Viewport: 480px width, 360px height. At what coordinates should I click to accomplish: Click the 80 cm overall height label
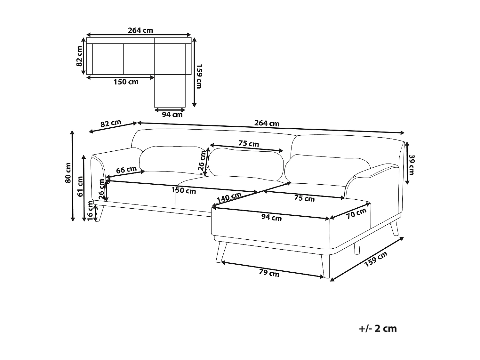[68, 173]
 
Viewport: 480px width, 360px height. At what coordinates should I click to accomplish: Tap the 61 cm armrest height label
[80, 186]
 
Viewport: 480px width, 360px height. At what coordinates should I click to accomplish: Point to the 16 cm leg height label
[91, 212]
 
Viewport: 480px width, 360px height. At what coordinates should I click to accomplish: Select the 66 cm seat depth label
[126, 170]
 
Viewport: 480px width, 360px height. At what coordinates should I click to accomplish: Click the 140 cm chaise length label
[229, 198]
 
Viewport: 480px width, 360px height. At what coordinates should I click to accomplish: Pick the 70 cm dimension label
[356, 213]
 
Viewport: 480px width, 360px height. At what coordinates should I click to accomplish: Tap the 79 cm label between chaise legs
[269, 273]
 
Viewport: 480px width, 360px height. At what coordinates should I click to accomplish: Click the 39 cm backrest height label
[412, 164]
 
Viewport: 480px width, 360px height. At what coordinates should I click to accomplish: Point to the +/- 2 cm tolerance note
[378, 328]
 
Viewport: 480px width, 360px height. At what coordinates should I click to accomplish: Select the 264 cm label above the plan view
[140, 30]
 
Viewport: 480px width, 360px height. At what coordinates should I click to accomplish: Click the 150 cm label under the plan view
[126, 82]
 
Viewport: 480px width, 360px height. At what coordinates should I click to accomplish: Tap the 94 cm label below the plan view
[172, 115]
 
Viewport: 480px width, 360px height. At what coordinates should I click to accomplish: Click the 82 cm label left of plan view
[79, 56]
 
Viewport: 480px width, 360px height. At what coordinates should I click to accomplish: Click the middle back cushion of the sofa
[246, 162]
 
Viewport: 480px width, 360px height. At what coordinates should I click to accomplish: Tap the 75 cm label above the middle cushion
[249, 144]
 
